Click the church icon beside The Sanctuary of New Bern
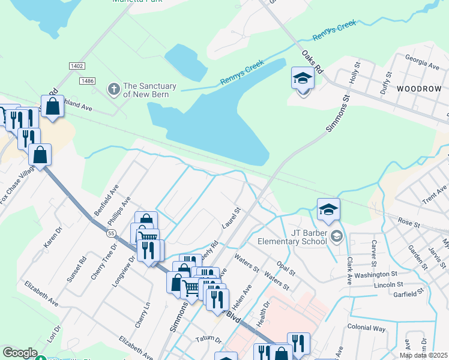(113, 90)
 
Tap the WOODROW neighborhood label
(418, 88)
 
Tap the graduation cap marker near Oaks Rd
(303, 79)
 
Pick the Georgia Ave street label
(421, 62)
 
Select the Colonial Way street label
(366, 328)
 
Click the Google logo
(20, 353)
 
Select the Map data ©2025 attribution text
(423, 355)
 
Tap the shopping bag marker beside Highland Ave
(52, 107)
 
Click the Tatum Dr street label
(208, 340)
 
